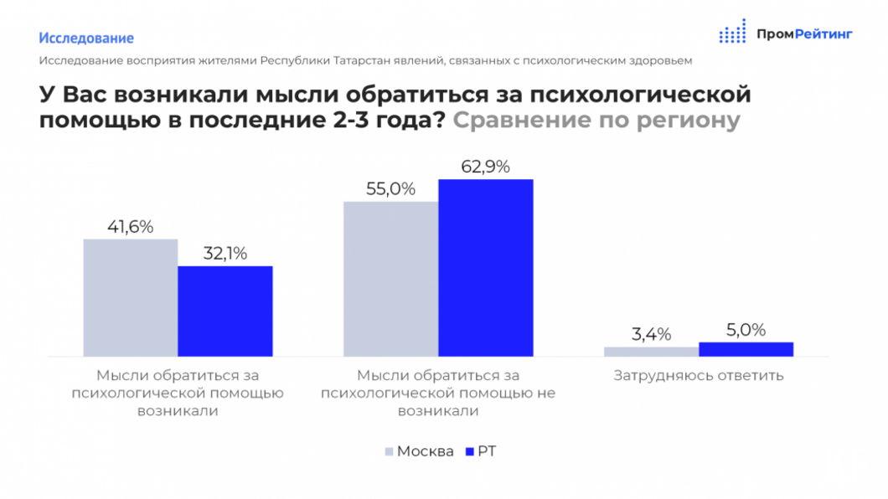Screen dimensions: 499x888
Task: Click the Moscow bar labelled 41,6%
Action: pyautogui.click(x=130, y=297)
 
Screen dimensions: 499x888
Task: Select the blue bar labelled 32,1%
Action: pyautogui.click(x=225, y=311)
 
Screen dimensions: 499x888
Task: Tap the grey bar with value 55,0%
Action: pyautogui.click(x=390, y=279)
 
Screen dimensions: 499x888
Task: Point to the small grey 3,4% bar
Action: pyautogui.click(x=651, y=352)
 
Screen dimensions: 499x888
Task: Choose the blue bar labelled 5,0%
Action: pyautogui.click(x=746, y=349)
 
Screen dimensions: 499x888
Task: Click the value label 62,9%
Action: pyautogui.click(x=485, y=167)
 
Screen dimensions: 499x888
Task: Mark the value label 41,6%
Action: pyautogui.click(x=130, y=227)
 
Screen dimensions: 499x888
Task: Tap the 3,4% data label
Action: pyautogui.click(x=651, y=335)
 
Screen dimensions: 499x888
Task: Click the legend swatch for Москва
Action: pyautogui.click(x=390, y=452)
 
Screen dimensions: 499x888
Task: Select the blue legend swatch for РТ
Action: pyautogui.click(x=469, y=452)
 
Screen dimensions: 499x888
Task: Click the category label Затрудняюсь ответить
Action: pyautogui.click(x=698, y=375)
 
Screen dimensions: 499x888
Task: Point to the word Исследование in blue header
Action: pyautogui.click(x=86, y=38)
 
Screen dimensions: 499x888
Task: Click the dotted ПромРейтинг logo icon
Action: pyautogui.click(x=732, y=32)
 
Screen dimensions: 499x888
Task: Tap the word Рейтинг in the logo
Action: pyautogui.click(x=823, y=34)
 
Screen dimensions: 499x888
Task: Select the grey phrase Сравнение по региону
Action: pyautogui.click(x=596, y=120)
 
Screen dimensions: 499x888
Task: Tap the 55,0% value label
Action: pyautogui.click(x=390, y=189)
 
